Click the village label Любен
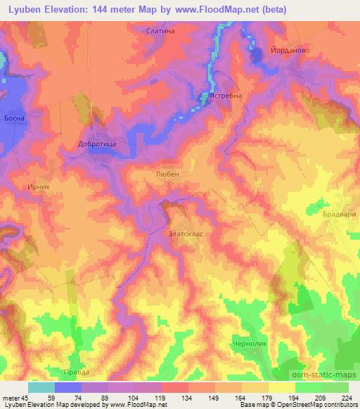(x=166, y=171)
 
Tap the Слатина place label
(x=160, y=32)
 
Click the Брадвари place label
(x=340, y=214)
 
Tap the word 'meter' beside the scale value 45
(x=11, y=398)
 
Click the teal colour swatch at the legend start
(x=41, y=387)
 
